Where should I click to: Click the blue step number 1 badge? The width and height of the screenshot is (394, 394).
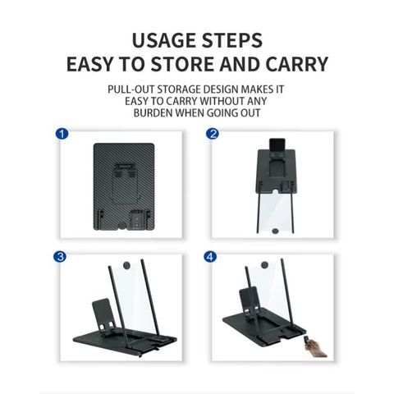click(62, 134)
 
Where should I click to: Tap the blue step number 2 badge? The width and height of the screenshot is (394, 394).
click(213, 134)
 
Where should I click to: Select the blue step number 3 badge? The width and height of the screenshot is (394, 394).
click(60, 257)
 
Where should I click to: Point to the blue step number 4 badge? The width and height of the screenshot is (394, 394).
click(210, 257)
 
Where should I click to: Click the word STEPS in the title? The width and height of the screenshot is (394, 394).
click(232, 40)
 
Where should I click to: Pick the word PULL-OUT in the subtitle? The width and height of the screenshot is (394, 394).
click(131, 89)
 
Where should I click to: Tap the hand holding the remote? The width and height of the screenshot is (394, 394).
click(314, 347)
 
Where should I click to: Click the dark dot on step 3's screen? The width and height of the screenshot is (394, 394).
click(126, 265)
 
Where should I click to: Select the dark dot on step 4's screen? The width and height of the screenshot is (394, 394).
click(264, 265)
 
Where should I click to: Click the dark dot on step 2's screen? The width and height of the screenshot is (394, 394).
click(275, 231)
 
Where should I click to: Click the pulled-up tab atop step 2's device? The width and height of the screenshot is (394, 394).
click(277, 144)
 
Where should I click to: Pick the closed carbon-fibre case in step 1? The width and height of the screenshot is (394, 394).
click(124, 186)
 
